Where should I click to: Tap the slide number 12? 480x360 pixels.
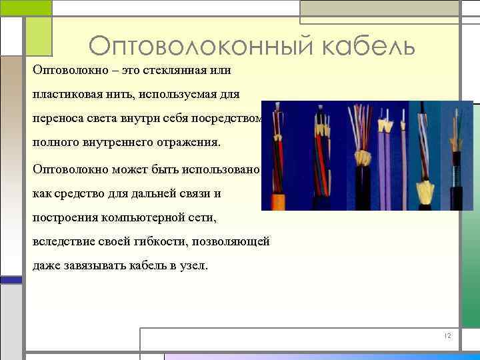point(447,336)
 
